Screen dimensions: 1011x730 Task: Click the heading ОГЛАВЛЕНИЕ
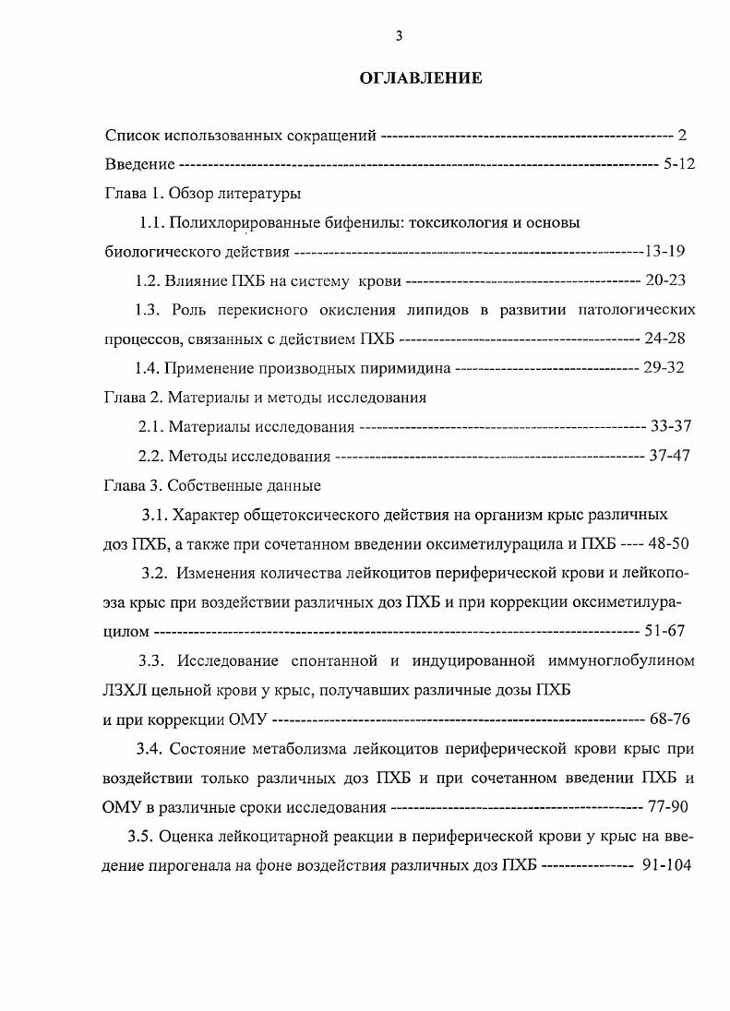pos(420,78)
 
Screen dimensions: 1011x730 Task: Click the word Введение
pos(139,164)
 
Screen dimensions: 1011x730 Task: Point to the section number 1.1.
pos(152,222)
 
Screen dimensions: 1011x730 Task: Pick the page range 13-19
pos(664,251)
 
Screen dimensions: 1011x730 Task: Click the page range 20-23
pos(664,280)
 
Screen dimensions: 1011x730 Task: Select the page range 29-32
pos(664,368)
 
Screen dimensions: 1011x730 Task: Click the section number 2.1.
pos(151,426)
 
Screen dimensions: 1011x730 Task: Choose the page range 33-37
pos(670,426)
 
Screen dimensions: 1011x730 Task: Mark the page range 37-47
pos(669,456)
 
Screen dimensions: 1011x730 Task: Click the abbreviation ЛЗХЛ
pos(126,690)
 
